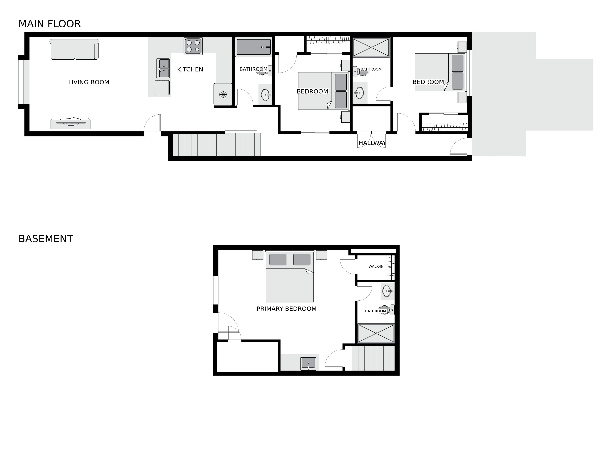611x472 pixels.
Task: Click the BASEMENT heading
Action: pyautogui.click(x=46, y=239)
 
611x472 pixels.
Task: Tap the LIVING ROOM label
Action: pyautogui.click(x=89, y=82)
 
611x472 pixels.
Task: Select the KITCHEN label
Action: pyautogui.click(x=190, y=69)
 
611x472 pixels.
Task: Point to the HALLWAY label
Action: pyautogui.click(x=372, y=143)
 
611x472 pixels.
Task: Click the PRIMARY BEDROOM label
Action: pyautogui.click(x=286, y=309)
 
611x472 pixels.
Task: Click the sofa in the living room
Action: pyautogui.click(x=74, y=49)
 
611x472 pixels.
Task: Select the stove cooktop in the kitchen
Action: pyautogui.click(x=193, y=46)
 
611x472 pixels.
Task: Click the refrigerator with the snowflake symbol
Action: pyautogui.click(x=223, y=95)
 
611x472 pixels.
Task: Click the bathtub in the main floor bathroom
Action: pyautogui.click(x=254, y=47)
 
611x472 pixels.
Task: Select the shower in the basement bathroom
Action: pyautogui.click(x=376, y=333)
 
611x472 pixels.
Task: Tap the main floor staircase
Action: pyautogui.click(x=217, y=145)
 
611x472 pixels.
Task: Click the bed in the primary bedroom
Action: pyautogui.click(x=290, y=276)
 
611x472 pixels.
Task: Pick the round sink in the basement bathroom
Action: pyautogui.click(x=387, y=291)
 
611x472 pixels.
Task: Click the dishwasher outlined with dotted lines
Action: pyautogui.click(x=162, y=88)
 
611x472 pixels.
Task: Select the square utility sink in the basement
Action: pyautogui.click(x=308, y=364)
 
